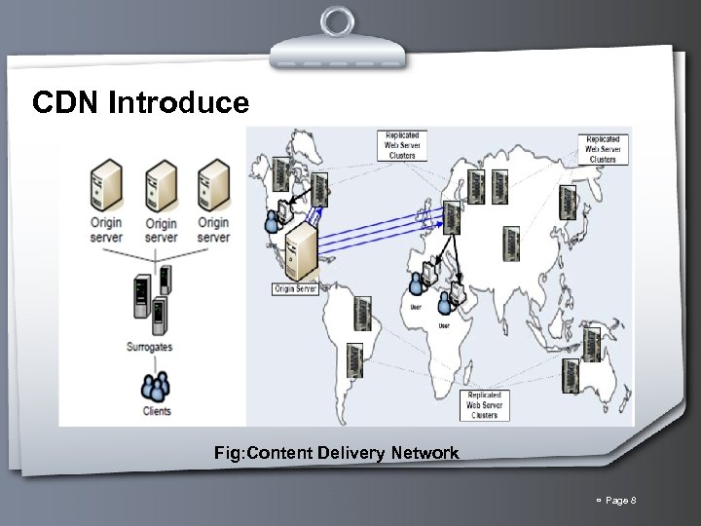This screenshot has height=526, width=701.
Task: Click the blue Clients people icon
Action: coord(154,387)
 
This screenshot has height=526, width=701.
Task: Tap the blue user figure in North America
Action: coord(273,222)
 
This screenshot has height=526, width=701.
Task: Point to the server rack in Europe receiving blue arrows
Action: coord(451,217)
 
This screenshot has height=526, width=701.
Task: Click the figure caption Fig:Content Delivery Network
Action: coord(337,453)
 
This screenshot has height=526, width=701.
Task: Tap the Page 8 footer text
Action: coord(619,501)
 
